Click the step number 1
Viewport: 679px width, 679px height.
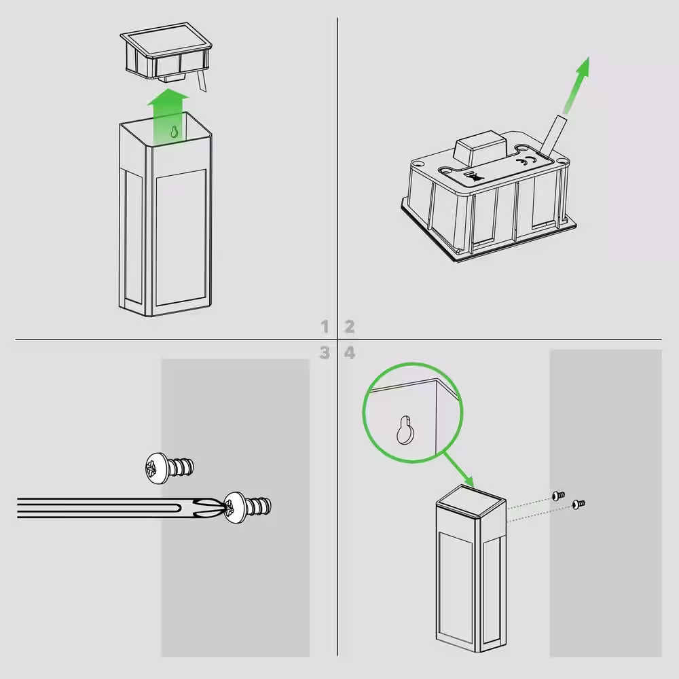[325, 326]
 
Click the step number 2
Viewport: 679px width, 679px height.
[350, 326]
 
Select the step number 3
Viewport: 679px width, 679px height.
[325, 353]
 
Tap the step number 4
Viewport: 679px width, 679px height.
[350, 353]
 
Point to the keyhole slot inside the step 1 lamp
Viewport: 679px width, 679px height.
[174, 132]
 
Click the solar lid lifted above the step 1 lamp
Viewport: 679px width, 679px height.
[166, 56]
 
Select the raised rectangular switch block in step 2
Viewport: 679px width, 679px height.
[480, 148]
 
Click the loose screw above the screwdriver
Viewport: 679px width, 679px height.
[169, 468]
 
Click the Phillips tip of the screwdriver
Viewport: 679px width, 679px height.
[211, 507]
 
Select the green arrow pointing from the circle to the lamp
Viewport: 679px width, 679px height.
[458, 470]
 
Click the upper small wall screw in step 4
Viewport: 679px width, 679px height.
[559, 495]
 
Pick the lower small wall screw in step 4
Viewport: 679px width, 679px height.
[579, 504]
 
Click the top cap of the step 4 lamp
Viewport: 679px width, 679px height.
[471, 502]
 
